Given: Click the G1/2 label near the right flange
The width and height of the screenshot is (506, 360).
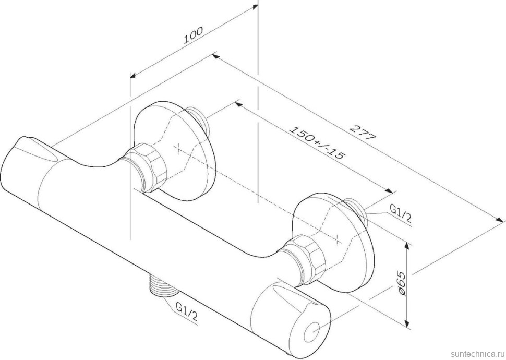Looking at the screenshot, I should (401, 214).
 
